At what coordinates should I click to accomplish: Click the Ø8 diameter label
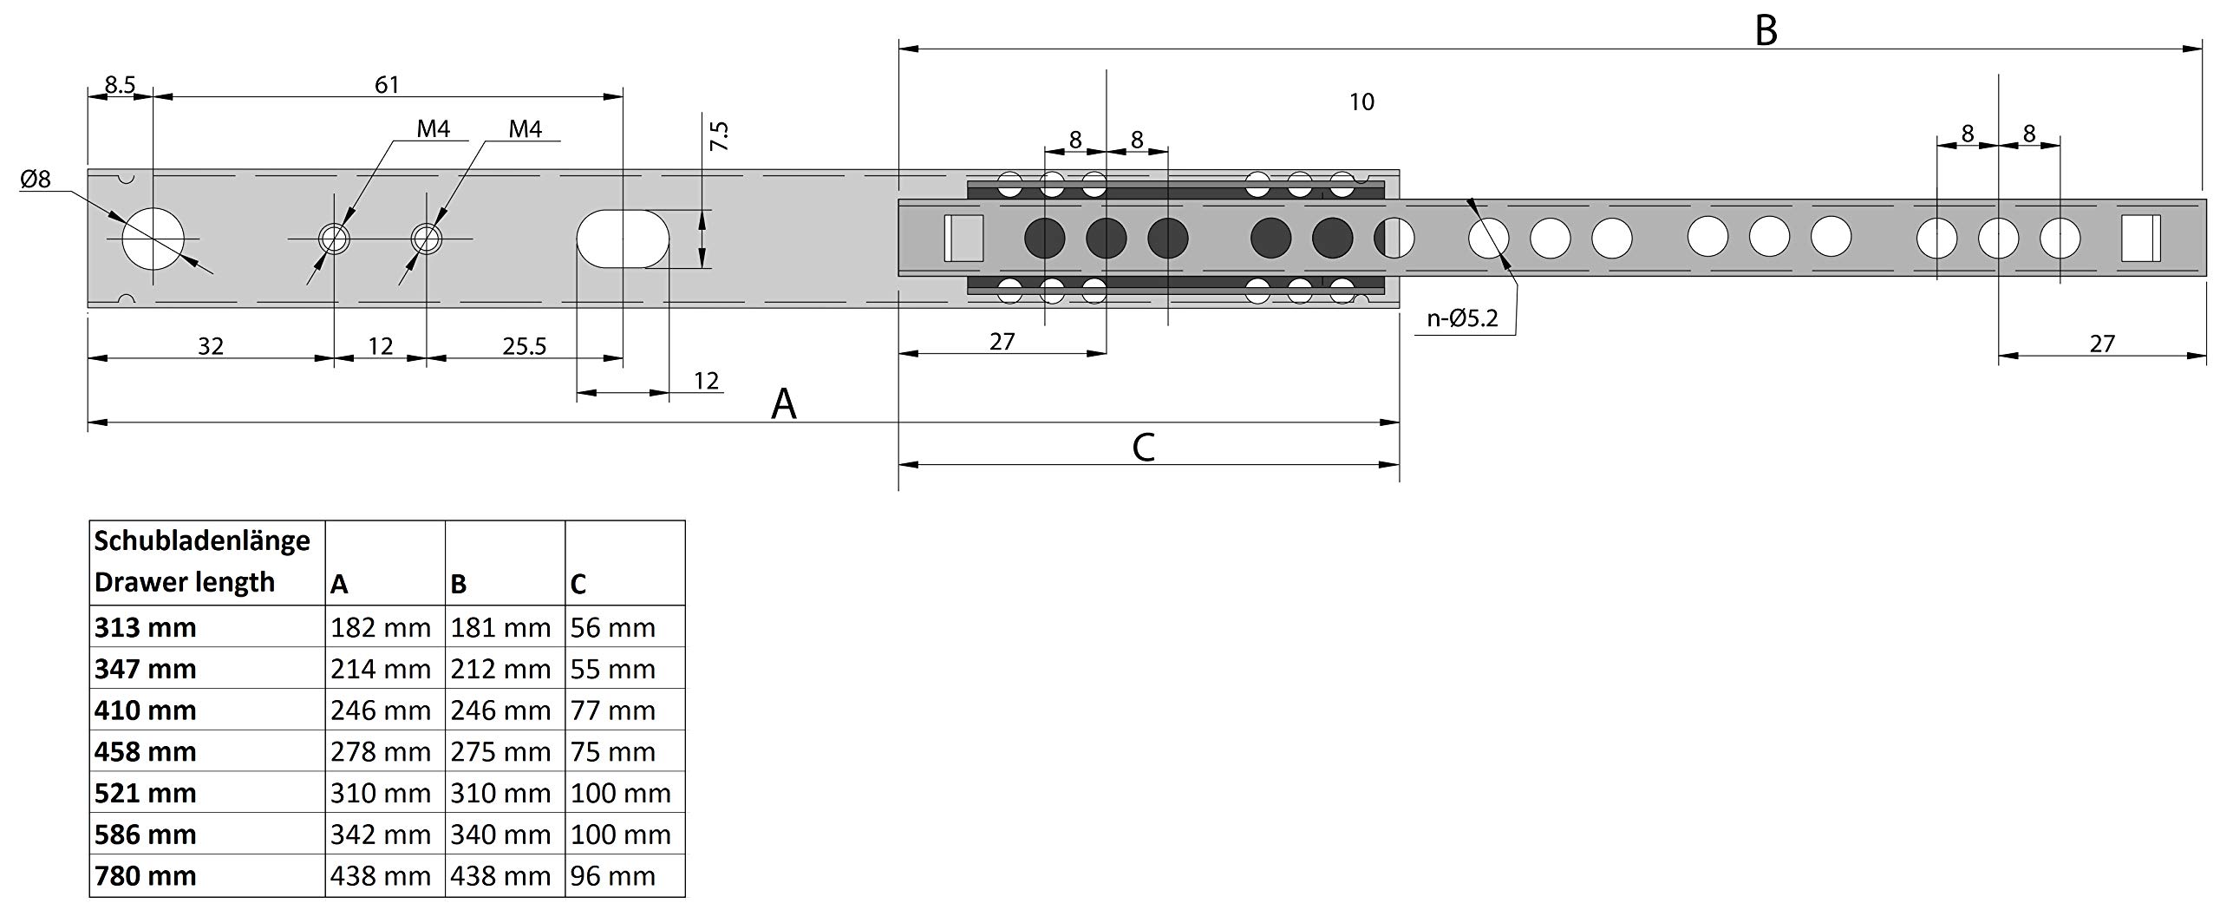click(36, 180)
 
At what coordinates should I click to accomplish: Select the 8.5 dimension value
click(120, 84)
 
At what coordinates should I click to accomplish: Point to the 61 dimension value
click(387, 84)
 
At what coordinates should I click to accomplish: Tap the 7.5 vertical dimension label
click(719, 136)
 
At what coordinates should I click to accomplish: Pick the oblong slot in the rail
click(623, 238)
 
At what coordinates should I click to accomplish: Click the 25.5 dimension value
click(525, 346)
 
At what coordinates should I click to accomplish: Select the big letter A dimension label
click(783, 404)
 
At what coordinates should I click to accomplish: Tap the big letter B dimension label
click(1766, 31)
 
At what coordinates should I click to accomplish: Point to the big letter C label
click(1143, 448)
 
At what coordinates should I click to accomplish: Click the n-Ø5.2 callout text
click(1462, 318)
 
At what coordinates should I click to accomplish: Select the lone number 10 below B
click(1361, 102)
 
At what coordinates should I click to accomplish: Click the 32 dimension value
click(211, 346)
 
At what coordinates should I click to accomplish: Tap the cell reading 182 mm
click(380, 627)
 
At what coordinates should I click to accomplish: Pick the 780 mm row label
click(146, 875)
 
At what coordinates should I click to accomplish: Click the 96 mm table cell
click(612, 875)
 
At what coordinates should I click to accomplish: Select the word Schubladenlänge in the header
click(202, 540)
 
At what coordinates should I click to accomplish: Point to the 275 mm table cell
click(500, 751)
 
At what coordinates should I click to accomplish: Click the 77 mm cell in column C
click(612, 710)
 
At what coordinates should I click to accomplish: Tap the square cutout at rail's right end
click(2140, 238)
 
